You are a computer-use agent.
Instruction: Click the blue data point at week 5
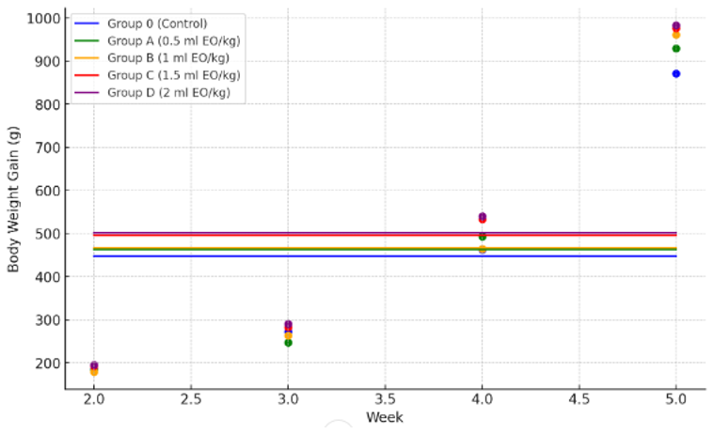675,73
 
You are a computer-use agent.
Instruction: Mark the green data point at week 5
675,48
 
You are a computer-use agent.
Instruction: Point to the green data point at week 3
288,343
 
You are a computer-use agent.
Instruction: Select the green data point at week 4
482,237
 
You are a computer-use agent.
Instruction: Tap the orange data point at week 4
482,249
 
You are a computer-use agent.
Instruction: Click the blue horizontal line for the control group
376,256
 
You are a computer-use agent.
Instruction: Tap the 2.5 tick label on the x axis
191,399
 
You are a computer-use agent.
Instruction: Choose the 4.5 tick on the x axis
579,399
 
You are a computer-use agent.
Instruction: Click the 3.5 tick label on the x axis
385,399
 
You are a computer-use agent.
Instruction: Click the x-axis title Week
385,417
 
